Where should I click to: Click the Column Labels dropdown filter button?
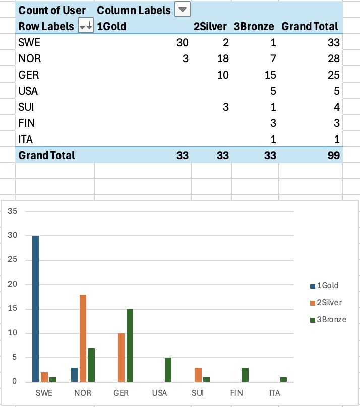tap(182, 10)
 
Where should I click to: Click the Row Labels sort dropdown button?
tap(86, 26)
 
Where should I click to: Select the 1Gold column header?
tap(111, 26)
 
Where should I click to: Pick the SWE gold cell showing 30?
tap(182, 43)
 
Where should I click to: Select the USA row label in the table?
tap(28, 91)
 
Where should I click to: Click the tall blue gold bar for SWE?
tap(36, 308)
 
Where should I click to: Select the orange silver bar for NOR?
tap(83, 338)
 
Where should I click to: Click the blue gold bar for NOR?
tap(75, 374)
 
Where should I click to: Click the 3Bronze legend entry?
tap(331, 319)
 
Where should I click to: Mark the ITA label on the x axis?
tap(275, 393)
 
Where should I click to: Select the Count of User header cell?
tap(52, 10)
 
